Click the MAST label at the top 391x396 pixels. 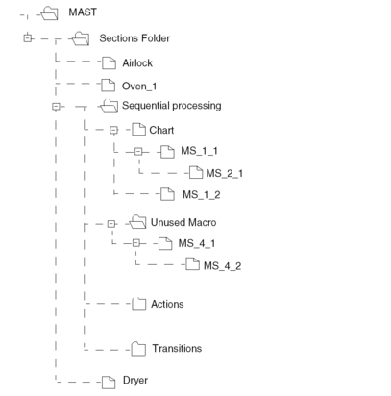pyautogui.click(x=83, y=12)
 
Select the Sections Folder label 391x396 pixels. pyautogui.click(x=134, y=38)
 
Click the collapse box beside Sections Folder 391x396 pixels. pyautogui.click(x=28, y=38)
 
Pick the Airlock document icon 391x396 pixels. pyautogui.click(x=109, y=63)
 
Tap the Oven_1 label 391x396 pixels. pyautogui.click(x=139, y=87)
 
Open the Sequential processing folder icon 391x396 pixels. pyautogui.click(x=109, y=106)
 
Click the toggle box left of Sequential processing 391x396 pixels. pyautogui.click(x=56, y=107)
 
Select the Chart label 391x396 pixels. pyautogui.click(x=161, y=130)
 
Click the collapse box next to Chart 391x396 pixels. pyautogui.click(x=113, y=130)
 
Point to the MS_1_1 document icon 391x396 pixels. pyautogui.click(x=167, y=152)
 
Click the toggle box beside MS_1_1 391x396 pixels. pyautogui.click(x=138, y=152)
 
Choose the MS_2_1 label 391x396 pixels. pyautogui.click(x=225, y=174)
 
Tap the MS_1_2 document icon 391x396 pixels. pyautogui.click(x=167, y=194)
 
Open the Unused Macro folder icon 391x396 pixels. pyautogui.click(x=137, y=222)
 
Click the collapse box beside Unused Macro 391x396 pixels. pyautogui.click(x=110, y=224)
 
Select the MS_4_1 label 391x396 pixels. pyautogui.click(x=197, y=243)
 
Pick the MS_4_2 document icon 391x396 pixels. pyautogui.click(x=192, y=263)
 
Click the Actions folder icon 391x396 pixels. pyautogui.click(x=139, y=304)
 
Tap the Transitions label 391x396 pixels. pyautogui.click(x=177, y=348)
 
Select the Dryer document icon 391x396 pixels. pyautogui.click(x=109, y=383)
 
